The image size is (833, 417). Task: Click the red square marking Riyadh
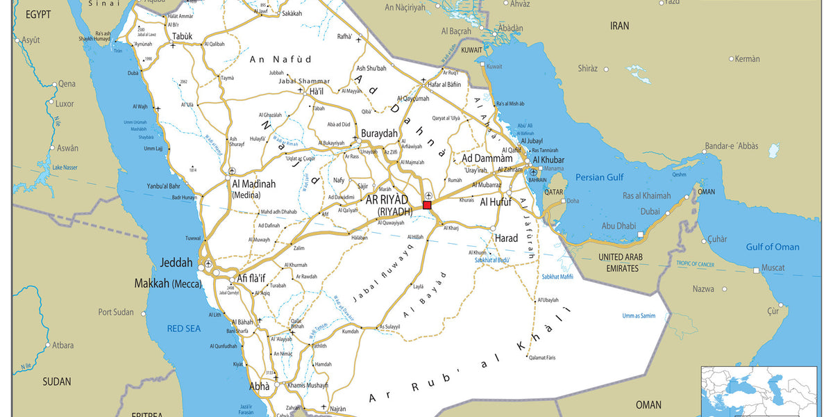pos(427,205)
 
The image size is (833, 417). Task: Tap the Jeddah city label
pos(176,263)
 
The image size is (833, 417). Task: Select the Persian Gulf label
pos(596,177)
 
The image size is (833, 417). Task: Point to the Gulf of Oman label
pos(773,247)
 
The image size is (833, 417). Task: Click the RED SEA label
pos(184,327)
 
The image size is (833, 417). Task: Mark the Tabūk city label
pos(182,36)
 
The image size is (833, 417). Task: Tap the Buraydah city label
pos(379,133)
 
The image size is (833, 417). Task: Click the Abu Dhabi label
pos(619,226)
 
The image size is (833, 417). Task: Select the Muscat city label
pos(773,268)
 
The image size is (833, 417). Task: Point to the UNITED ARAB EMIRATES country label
pos(618,263)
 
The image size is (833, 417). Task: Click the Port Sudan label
pos(116,312)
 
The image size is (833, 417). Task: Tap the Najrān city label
pos(337,409)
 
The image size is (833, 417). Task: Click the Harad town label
pos(506,238)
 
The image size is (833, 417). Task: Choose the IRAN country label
pos(619,26)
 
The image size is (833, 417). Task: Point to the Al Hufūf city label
pos(496,202)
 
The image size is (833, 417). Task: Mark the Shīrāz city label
pos(587,68)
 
